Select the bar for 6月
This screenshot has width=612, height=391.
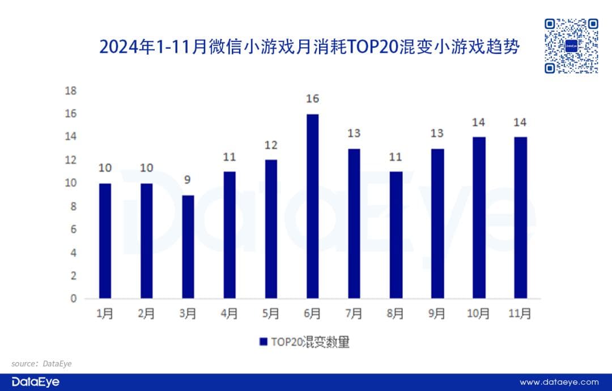[312, 206]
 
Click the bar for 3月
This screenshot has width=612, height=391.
[188, 246]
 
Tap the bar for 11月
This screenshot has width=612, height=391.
[520, 217]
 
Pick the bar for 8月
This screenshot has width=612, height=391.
[396, 235]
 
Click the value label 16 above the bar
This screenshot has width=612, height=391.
[312, 99]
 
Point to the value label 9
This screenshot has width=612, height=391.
[188, 180]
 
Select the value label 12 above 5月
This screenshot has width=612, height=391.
[271, 145]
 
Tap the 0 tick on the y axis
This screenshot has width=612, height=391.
[73, 299]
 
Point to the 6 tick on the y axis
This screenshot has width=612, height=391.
[73, 229]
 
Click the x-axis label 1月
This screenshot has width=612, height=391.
[105, 313]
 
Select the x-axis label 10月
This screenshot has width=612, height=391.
[479, 313]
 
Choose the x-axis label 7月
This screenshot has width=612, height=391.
[354, 313]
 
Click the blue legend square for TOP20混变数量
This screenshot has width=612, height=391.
[263, 342]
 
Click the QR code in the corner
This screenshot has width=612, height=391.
[571, 46]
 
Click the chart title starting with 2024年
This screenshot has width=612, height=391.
[309, 46]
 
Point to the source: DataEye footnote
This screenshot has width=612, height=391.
[42, 363]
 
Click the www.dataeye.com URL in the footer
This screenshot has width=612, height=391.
[559, 382]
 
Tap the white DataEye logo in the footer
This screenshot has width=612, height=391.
[35, 382]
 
